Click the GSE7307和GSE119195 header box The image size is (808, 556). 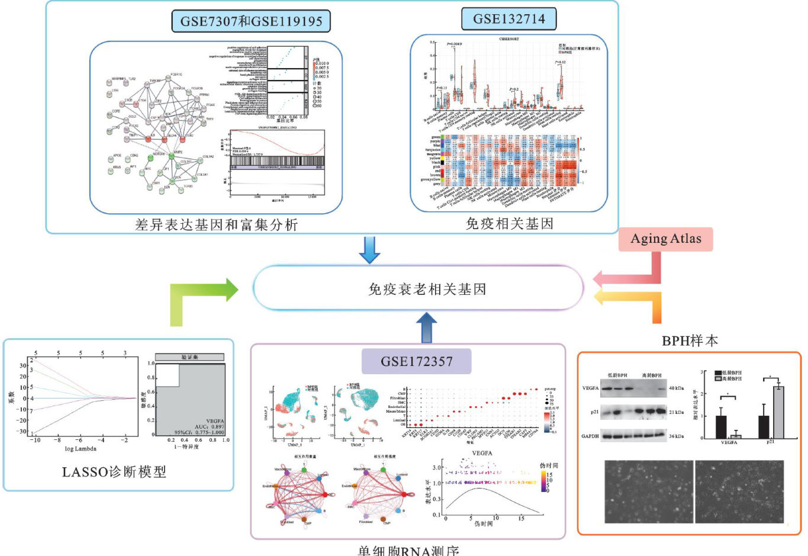(x=251, y=21)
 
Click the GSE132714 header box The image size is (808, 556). (x=508, y=19)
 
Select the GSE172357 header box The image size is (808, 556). (x=417, y=361)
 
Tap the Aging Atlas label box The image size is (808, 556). (x=665, y=239)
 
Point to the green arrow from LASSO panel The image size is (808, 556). (x=201, y=302)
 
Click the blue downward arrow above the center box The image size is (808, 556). (x=370, y=249)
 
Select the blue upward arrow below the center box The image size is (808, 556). (x=426, y=327)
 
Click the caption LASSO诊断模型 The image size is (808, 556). (x=114, y=472)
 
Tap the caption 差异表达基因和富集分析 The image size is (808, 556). (x=216, y=224)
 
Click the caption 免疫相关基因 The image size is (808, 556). (x=509, y=223)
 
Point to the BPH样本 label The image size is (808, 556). (x=690, y=340)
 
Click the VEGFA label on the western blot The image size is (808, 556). (x=590, y=388)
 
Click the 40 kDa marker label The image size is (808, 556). (x=677, y=388)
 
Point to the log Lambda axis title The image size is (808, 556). (x=81, y=449)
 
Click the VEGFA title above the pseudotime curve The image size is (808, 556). (x=482, y=453)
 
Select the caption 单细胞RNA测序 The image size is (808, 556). (x=408, y=550)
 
